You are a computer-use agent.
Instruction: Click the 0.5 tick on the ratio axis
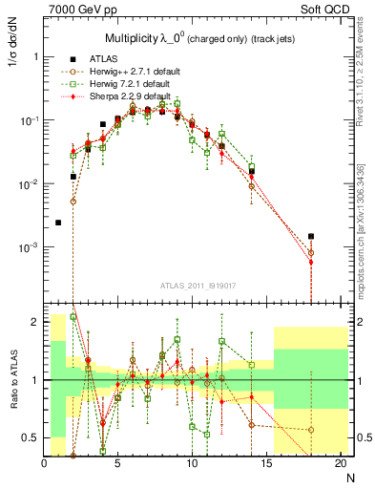tap(31, 437)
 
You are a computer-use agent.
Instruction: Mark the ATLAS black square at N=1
tap(58, 223)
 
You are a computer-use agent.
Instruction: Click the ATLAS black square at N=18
tap(311, 236)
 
